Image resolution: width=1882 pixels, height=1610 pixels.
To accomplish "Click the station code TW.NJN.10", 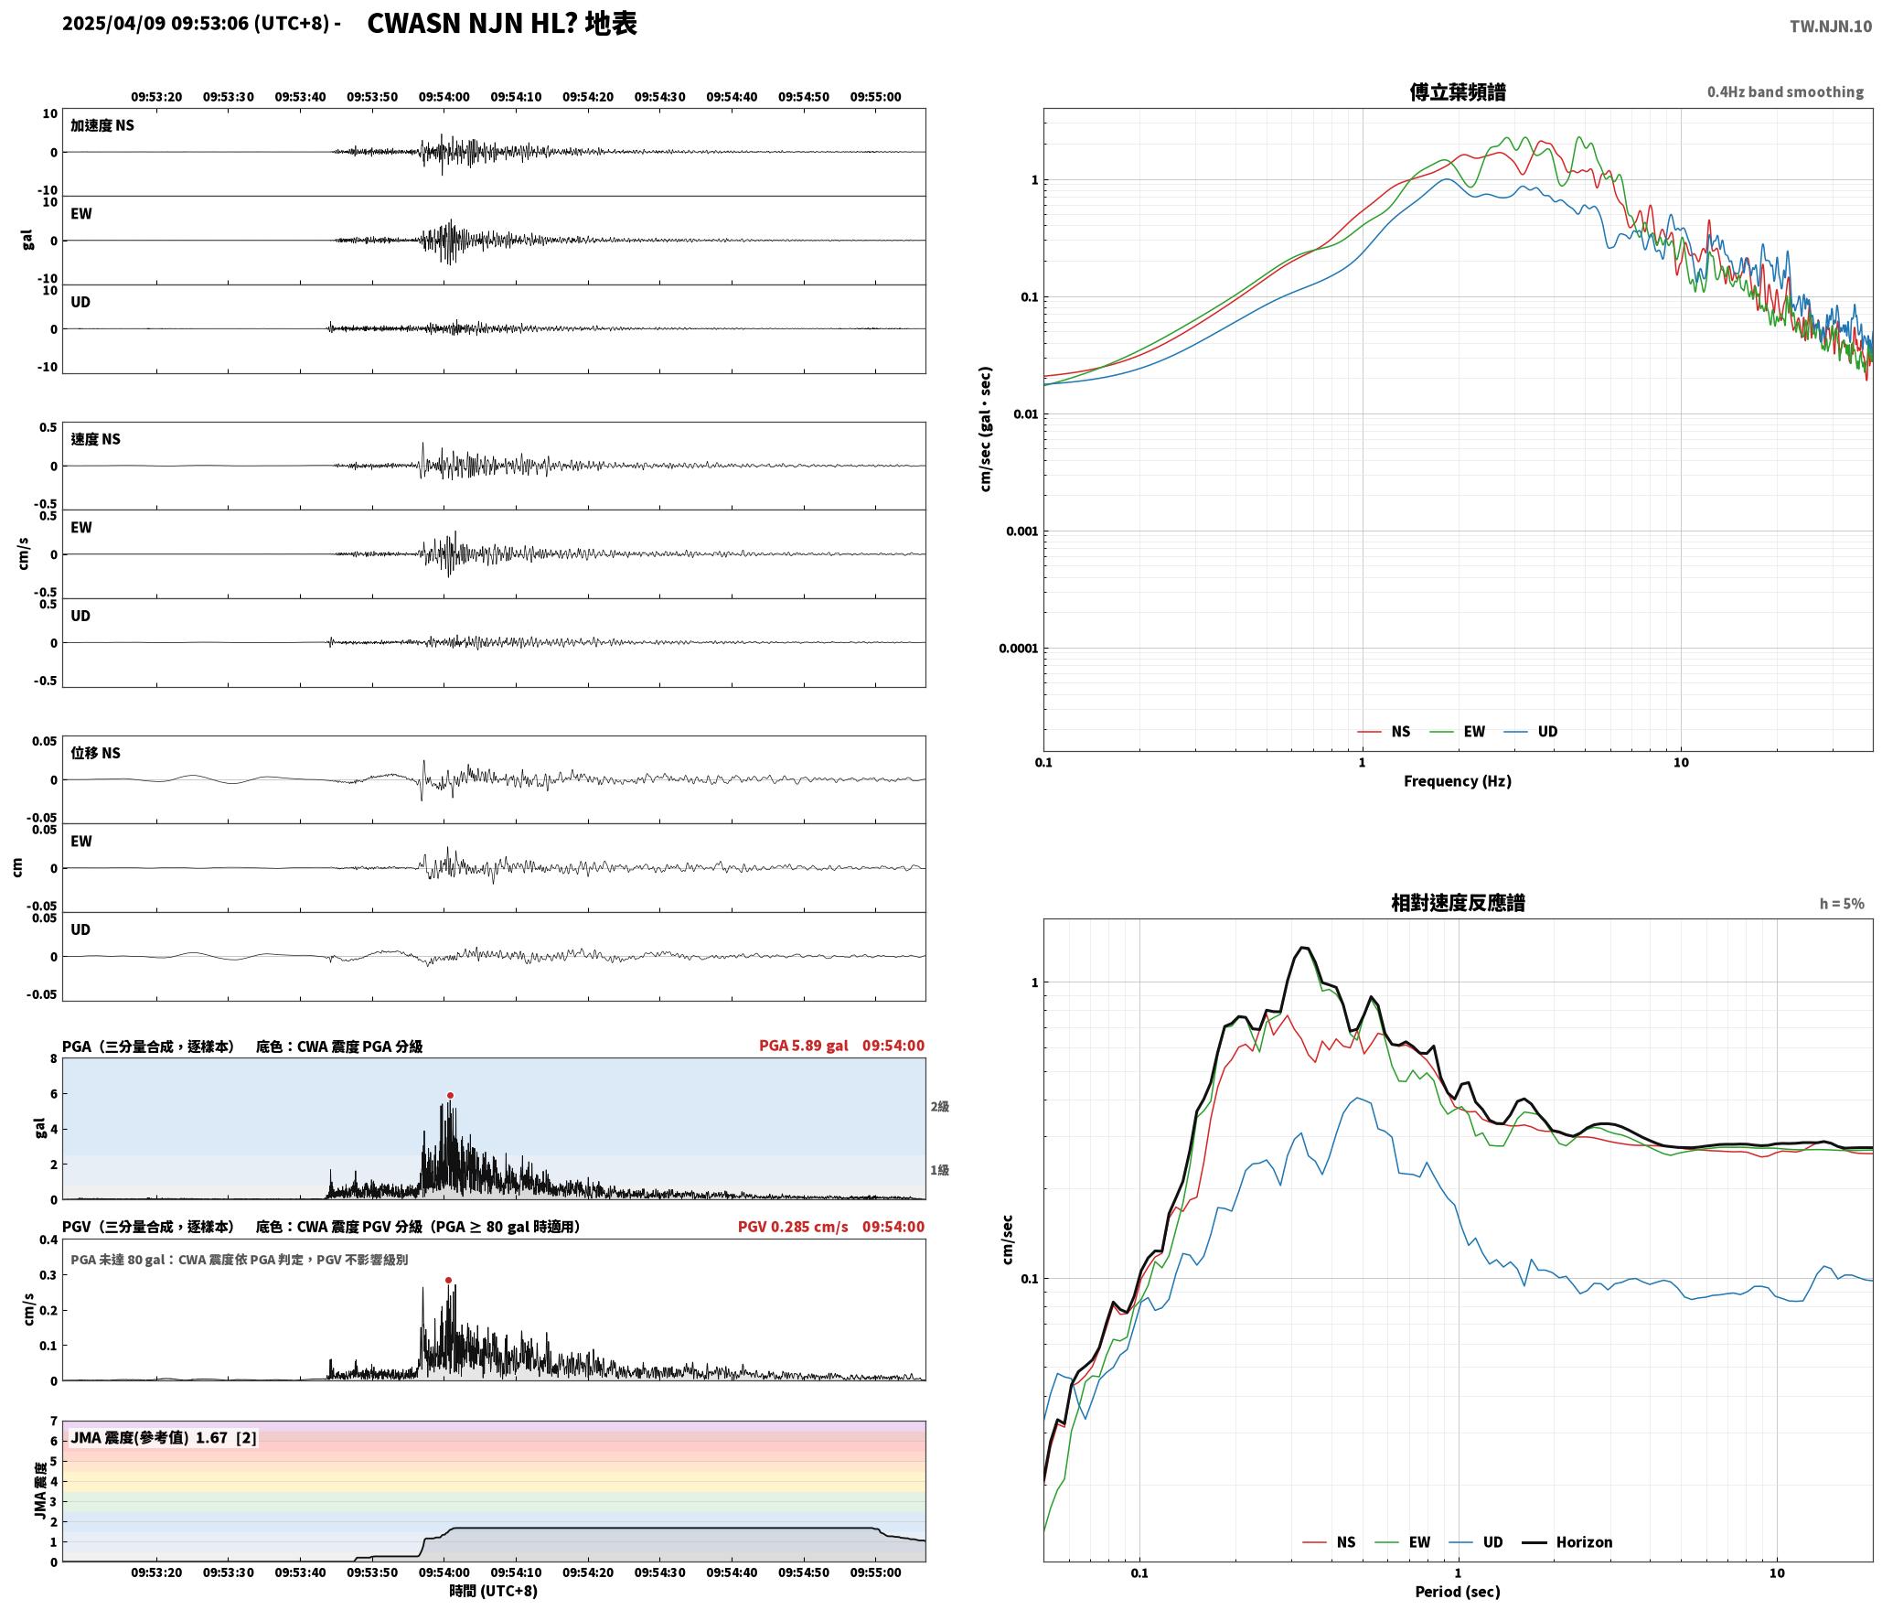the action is tap(1830, 27).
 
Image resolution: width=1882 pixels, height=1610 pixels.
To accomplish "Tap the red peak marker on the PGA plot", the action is tap(450, 1095).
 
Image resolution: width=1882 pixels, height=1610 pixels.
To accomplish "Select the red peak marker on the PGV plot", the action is tap(448, 1280).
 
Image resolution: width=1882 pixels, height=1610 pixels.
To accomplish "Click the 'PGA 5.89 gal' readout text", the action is tap(803, 1045).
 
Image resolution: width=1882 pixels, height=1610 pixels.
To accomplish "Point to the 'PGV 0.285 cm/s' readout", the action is tap(793, 1226).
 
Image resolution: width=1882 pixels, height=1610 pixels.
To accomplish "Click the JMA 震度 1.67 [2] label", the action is tap(164, 1437).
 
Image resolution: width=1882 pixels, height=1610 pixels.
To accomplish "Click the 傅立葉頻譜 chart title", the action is tap(1458, 91).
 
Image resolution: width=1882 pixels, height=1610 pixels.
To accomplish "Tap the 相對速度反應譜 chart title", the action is tap(1458, 902).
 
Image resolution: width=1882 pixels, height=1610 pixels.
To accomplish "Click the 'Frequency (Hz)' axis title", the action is tap(1458, 780).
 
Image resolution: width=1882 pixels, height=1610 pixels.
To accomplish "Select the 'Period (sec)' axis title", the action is tap(1458, 1591).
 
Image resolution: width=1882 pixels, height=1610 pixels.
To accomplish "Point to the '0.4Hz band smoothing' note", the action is tap(1785, 91).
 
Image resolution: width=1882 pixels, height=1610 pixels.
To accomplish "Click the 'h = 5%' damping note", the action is tap(1841, 903).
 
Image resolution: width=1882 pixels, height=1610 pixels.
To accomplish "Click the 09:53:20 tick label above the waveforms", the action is tap(156, 96).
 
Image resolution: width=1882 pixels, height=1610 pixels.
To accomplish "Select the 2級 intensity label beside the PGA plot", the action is tap(940, 1106).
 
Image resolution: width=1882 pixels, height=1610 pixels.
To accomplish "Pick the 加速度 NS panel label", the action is tap(102, 125).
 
